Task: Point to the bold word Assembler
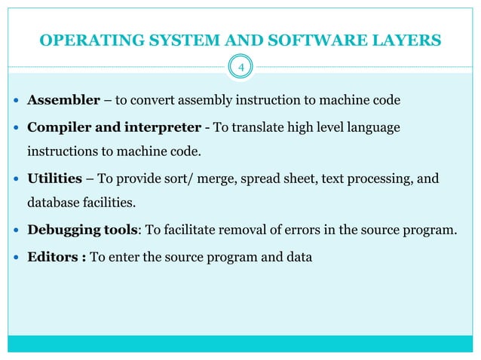point(59,100)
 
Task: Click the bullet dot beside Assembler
point(17,101)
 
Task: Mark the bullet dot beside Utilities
point(17,178)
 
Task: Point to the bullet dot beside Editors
point(17,257)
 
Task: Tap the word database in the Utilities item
point(54,204)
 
